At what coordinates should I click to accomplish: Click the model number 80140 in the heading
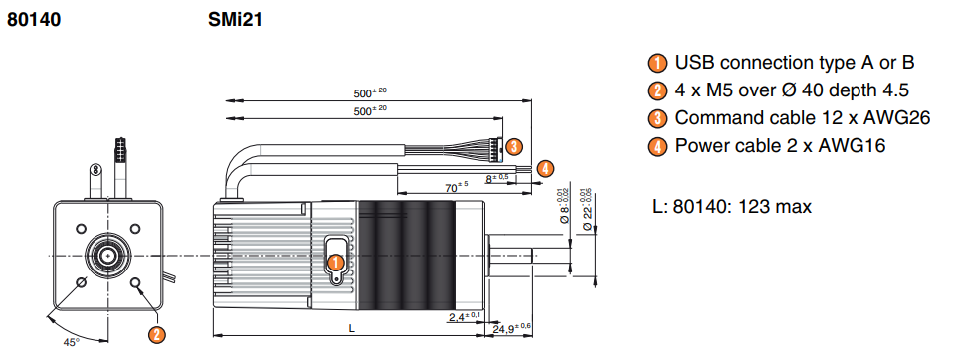pos(34,20)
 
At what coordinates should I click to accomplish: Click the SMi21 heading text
pos(235,20)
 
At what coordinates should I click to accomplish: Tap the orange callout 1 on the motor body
pos(335,263)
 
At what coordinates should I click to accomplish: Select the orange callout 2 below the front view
pos(156,334)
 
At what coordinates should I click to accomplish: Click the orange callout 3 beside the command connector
pos(514,146)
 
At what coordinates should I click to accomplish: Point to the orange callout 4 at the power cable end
pos(545,167)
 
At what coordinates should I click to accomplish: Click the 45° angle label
pos(72,342)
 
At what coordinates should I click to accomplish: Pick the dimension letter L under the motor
pos(351,328)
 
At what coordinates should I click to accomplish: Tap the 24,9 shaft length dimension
pos(511,328)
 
